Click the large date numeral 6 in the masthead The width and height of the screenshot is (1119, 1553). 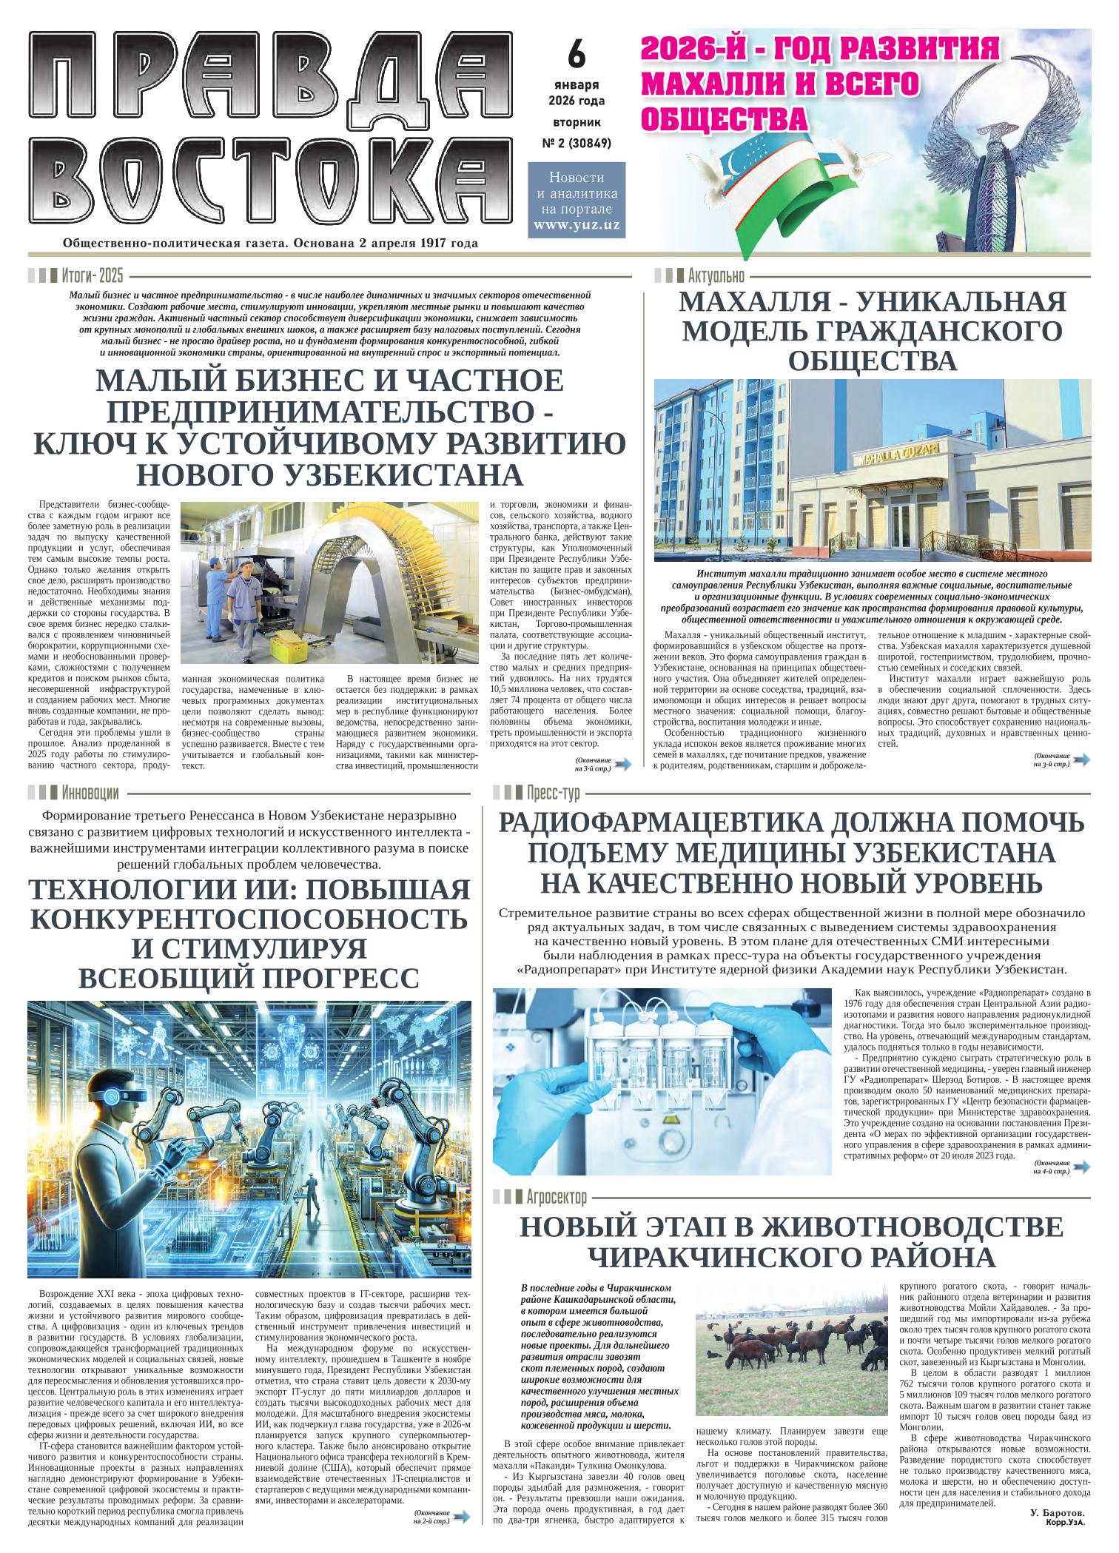point(577,53)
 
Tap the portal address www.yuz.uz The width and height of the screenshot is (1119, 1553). point(577,226)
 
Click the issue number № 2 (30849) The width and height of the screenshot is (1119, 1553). point(577,144)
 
